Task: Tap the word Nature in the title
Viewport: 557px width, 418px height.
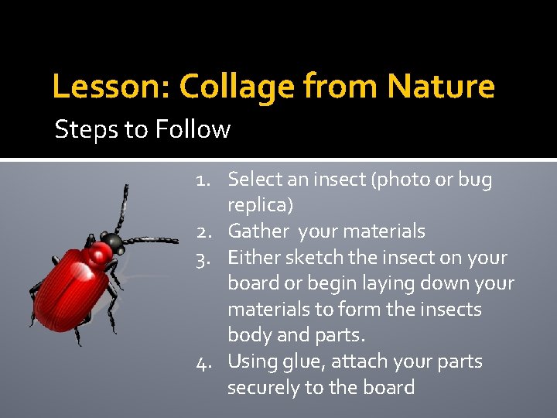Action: click(x=441, y=86)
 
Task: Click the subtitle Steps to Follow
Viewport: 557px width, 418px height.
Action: click(x=142, y=128)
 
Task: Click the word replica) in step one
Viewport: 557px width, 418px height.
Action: click(x=260, y=206)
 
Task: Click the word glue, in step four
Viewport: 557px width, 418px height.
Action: click(x=313, y=361)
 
